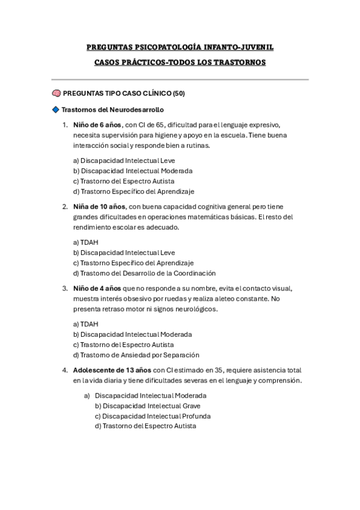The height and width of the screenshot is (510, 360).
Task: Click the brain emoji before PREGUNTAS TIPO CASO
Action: coord(56,94)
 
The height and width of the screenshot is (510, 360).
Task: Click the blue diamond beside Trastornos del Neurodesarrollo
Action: coord(56,109)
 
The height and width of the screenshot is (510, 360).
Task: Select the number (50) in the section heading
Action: coord(178,94)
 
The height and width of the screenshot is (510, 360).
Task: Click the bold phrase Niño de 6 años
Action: coord(97,125)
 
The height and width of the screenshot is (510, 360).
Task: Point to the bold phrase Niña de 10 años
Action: coord(99,206)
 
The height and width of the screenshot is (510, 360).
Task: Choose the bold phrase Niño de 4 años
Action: coord(97,288)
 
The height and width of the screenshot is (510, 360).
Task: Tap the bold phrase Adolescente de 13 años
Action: coord(112,370)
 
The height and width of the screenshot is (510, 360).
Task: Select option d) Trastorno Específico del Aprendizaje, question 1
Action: coord(133,191)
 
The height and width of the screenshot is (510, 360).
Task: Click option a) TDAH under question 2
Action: coord(85,242)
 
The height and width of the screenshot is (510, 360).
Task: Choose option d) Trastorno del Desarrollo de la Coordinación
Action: coord(144,273)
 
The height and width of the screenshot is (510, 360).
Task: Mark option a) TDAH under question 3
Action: coord(85,324)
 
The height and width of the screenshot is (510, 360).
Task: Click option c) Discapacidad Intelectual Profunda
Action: coord(156,416)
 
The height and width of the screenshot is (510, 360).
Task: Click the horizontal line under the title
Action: coord(180,79)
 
